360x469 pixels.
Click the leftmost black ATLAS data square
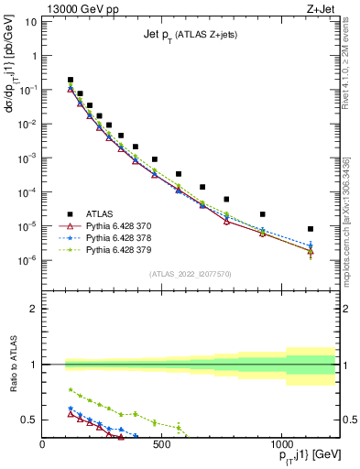pyautogui.click(x=71, y=80)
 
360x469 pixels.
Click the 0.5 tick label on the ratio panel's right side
pyautogui.click(x=348, y=420)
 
